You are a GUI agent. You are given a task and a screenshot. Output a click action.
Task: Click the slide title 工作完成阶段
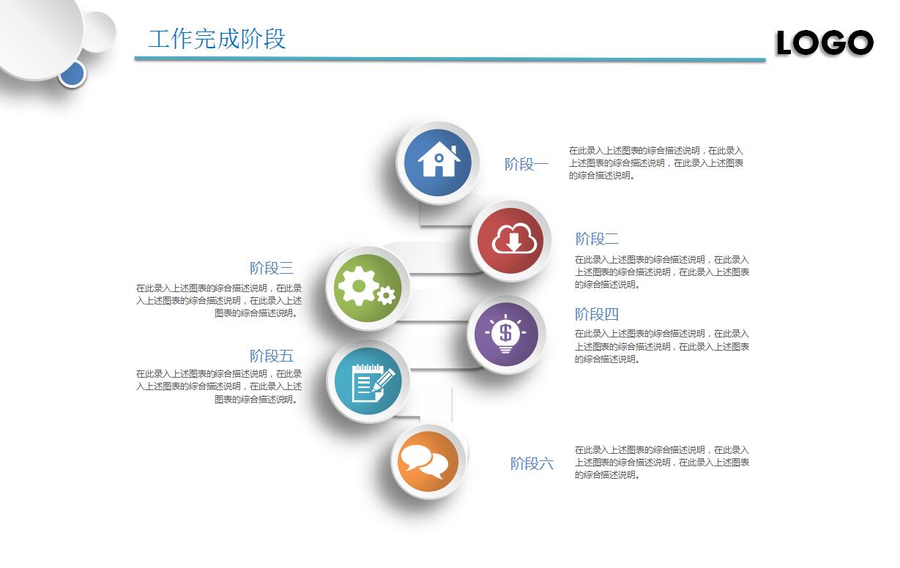click(x=217, y=39)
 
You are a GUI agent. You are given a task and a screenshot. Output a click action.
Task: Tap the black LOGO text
click(x=825, y=42)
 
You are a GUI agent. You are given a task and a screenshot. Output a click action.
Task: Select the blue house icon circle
click(x=437, y=162)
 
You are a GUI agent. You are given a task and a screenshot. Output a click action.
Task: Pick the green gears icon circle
click(x=368, y=288)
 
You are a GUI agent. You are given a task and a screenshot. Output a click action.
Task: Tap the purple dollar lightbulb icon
click(x=506, y=334)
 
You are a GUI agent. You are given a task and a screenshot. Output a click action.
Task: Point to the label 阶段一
click(x=527, y=164)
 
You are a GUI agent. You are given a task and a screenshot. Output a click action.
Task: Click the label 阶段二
click(x=597, y=239)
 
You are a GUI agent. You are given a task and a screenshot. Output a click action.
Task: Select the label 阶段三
click(x=272, y=268)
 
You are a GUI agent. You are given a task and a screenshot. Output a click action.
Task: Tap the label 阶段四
click(x=597, y=314)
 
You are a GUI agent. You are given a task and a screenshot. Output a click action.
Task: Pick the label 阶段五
click(x=272, y=356)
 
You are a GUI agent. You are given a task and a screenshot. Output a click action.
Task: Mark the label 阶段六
click(x=532, y=463)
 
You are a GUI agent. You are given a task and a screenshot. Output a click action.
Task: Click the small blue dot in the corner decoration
click(x=72, y=74)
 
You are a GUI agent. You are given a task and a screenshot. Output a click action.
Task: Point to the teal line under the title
click(x=450, y=59)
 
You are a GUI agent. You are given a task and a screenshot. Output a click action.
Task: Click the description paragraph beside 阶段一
click(x=655, y=162)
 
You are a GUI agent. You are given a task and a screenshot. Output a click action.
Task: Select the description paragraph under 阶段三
click(x=218, y=301)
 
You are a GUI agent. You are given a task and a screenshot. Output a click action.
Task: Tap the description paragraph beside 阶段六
click(x=662, y=463)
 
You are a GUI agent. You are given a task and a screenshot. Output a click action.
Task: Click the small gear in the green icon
click(x=386, y=296)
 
